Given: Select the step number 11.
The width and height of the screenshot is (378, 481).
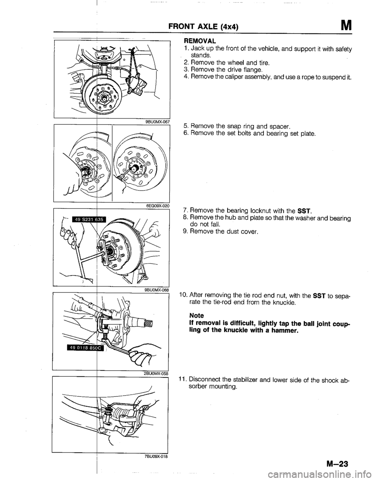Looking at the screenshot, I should (x=182, y=380).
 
